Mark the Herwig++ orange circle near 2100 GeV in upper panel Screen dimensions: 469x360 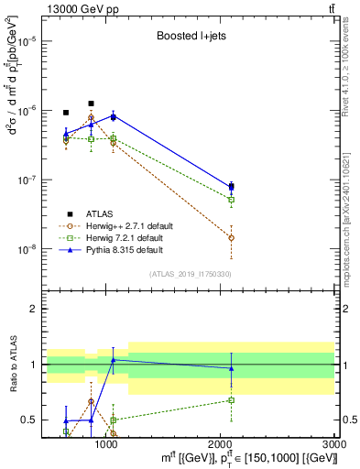coord(231,237)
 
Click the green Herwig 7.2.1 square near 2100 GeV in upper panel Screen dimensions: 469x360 coord(231,200)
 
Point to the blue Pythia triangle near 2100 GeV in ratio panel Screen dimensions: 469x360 coord(231,368)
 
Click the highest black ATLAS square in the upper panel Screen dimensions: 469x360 coord(91,104)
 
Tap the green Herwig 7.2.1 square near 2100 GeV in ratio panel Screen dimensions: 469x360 coord(231,400)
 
